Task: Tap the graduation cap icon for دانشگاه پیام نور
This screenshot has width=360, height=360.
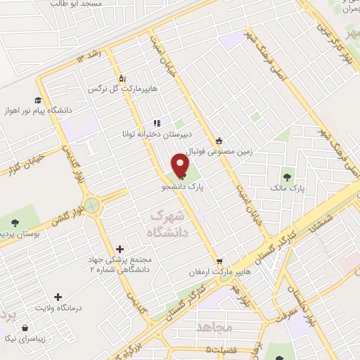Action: (37, 101)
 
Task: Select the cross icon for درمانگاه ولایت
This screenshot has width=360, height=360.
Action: (58, 297)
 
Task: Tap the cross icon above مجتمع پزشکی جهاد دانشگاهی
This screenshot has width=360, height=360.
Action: (120, 249)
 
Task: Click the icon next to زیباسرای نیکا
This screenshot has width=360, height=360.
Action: (26, 328)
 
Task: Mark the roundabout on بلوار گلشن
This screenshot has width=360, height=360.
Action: (91, 206)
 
